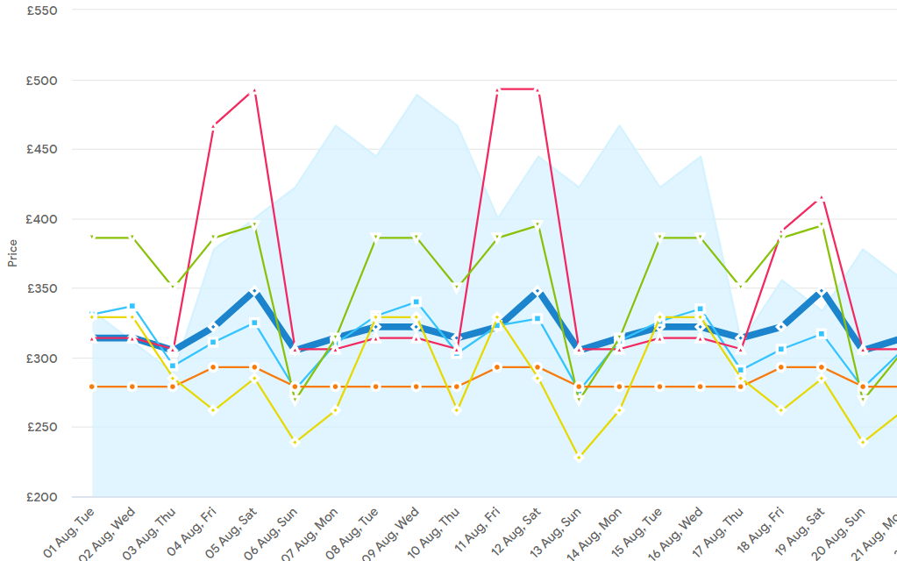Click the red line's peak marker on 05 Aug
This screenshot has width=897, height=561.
(x=253, y=90)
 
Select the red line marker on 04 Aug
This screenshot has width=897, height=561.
(x=213, y=126)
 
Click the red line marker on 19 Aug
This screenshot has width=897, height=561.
(x=821, y=198)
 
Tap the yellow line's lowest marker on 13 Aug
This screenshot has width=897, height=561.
(x=578, y=457)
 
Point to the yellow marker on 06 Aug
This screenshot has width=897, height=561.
(x=295, y=442)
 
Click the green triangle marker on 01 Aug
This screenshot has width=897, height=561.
(x=92, y=238)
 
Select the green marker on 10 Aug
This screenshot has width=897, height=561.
(x=456, y=287)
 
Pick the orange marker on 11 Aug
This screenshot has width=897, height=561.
(x=497, y=367)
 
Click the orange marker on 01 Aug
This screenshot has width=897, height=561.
(x=92, y=387)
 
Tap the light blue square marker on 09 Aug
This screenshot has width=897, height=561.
(x=416, y=302)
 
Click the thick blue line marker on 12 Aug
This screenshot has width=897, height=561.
(x=537, y=291)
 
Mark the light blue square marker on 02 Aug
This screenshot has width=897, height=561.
(x=132, y=306)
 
